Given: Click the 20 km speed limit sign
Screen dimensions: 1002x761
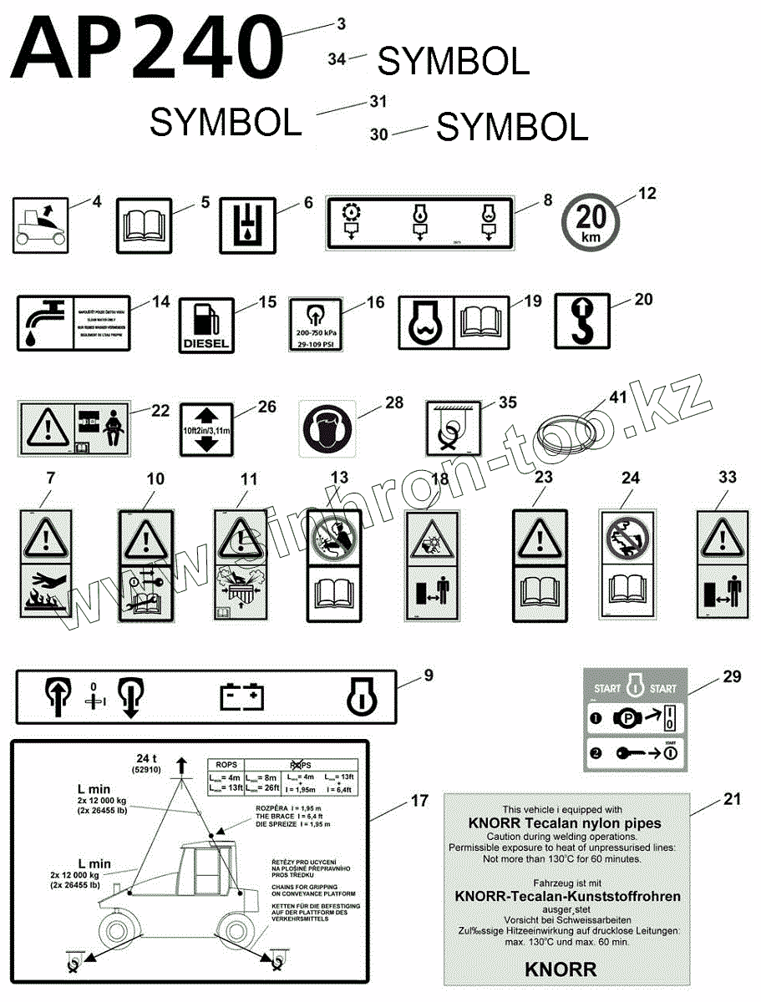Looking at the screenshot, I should (591, 221).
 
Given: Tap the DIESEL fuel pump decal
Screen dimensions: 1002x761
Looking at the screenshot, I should (205, 325).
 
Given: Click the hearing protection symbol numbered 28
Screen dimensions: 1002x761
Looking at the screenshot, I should (327, 428).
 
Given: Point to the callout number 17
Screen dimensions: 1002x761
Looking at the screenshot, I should (419, 802).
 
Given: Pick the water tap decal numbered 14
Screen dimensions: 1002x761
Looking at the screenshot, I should (73, 322).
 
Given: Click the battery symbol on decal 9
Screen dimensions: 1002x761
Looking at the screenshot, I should (242, 696).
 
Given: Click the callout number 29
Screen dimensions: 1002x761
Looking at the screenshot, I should (732, 676).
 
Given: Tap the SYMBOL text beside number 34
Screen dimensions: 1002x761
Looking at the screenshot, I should (453, 61).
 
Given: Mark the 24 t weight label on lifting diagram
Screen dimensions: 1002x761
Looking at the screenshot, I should (152, 760).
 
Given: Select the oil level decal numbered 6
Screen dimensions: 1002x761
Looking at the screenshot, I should (246, 225).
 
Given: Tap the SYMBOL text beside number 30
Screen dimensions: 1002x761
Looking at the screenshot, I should (512, 128).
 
